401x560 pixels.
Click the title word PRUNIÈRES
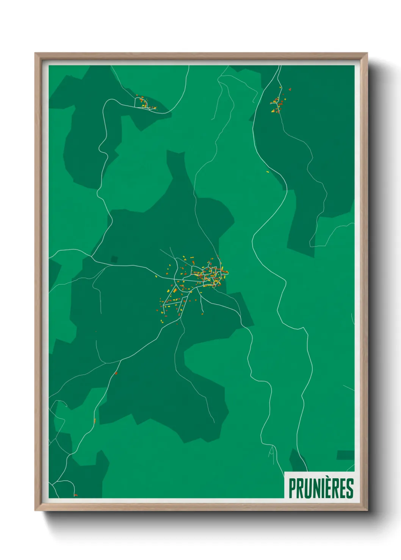321,488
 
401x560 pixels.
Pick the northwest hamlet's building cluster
145,103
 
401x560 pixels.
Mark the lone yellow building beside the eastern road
268,172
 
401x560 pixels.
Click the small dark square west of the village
114,259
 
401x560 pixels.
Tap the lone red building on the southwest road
116,373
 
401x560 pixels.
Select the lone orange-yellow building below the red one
94,421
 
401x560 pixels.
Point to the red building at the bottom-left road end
75,495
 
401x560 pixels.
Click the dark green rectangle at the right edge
345,455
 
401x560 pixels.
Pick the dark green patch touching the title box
298,460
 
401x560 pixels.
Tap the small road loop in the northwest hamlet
140,103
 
